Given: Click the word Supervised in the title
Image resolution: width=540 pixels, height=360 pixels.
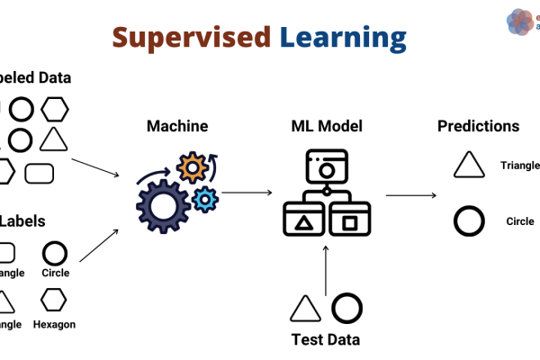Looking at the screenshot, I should (191, 37).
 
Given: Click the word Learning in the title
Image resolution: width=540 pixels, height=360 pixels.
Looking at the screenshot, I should (342, 38).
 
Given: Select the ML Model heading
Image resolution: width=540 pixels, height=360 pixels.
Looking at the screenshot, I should (326, 126).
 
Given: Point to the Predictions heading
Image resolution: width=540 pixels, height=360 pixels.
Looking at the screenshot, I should (478, 126).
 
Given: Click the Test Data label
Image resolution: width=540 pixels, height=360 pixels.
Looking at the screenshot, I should (325, 340).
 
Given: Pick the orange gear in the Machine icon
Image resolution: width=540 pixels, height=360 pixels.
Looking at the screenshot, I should (192, 167).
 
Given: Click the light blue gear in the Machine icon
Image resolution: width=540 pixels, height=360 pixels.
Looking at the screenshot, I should (206, 198).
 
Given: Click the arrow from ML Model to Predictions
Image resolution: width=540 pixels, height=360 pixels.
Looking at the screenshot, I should (411, 194).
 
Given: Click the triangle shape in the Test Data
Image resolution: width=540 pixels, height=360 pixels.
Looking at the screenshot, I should (305, 309).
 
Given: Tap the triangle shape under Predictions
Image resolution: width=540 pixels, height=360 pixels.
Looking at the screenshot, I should (469, 166).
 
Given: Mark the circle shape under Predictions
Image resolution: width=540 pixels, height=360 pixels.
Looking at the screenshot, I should (468, 220).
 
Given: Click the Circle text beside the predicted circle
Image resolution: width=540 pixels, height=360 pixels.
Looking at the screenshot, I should (520, 221).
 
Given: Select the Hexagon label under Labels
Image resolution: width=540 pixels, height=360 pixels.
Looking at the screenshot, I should (54, 324).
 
